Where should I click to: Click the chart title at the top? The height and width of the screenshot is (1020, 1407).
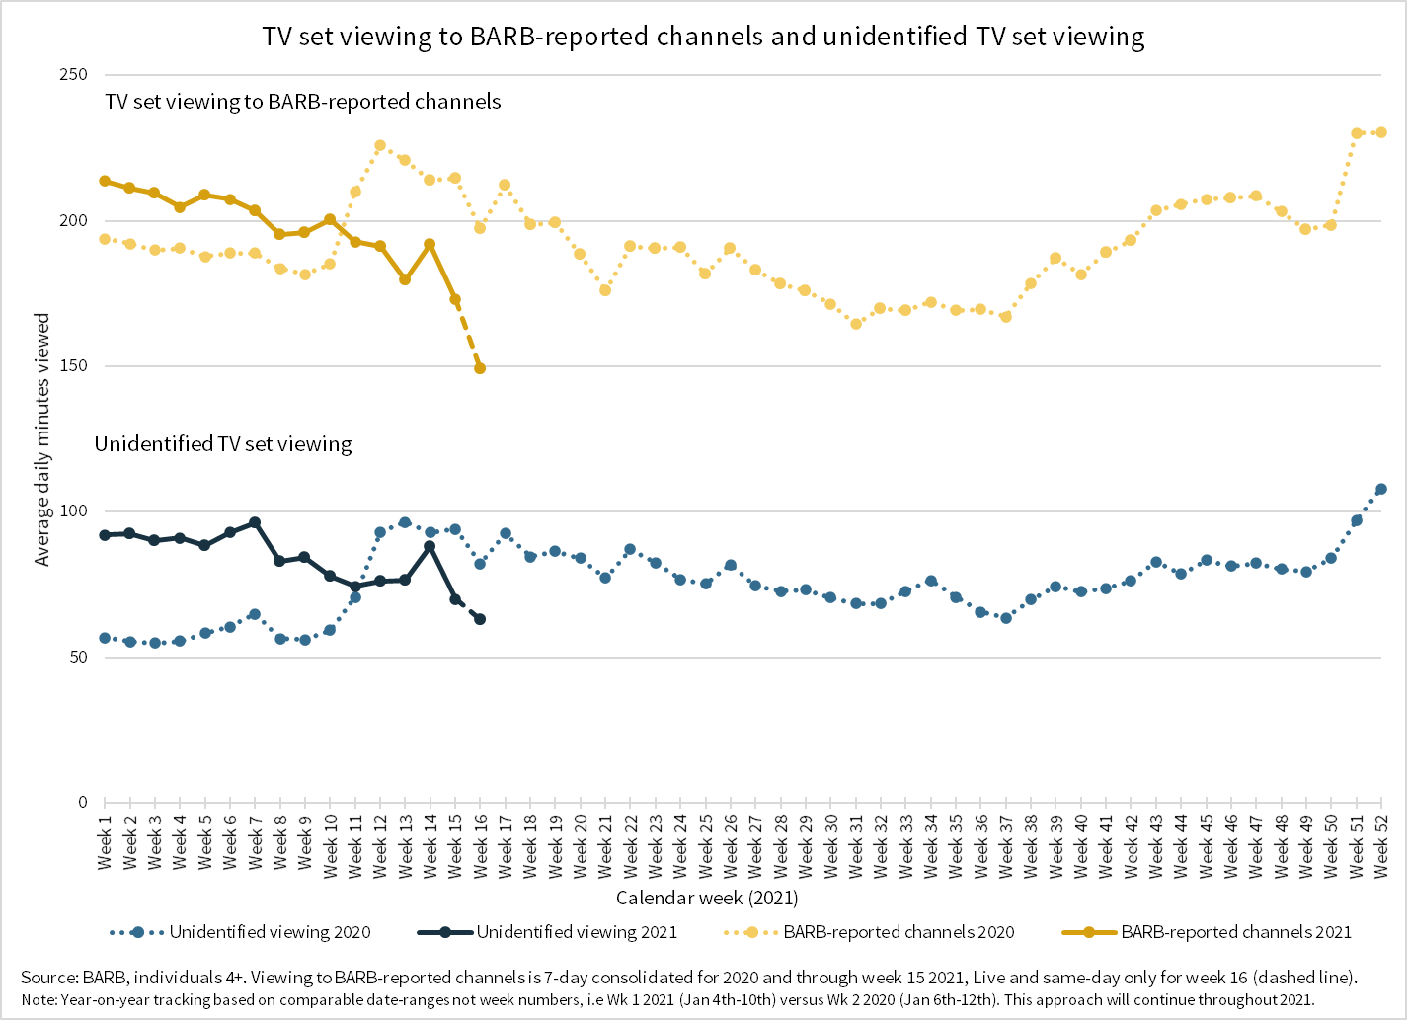[x=703, y=37]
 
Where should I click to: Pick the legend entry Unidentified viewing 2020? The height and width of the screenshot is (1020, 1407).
[x=270, y=932]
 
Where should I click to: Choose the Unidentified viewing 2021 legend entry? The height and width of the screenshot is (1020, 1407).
[x=577, y=932]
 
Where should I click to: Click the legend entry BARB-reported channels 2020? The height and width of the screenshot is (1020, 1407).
[x=899, y=932]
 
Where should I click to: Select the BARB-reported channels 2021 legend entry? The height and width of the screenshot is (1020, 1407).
[x=1236, y=932]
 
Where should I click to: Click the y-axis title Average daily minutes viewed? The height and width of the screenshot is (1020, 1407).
[x=42, y=439]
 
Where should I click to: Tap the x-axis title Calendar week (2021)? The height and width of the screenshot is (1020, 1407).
[x=707, y=898]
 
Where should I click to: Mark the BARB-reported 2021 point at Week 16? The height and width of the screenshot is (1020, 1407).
[x=480, y=368]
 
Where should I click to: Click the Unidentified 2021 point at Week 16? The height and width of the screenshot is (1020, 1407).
[x=480, y=619]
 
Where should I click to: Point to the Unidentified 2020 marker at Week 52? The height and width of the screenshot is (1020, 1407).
[x=1381, y=489]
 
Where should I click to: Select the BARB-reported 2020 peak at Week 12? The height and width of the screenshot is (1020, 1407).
[x=380, y=145]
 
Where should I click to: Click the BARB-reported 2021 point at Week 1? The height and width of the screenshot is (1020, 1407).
[x=105, y=181]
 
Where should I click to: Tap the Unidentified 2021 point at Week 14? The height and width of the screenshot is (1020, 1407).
[x=430, y=546]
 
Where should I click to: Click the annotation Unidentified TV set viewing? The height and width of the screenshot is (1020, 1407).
[x=223, y=444]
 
